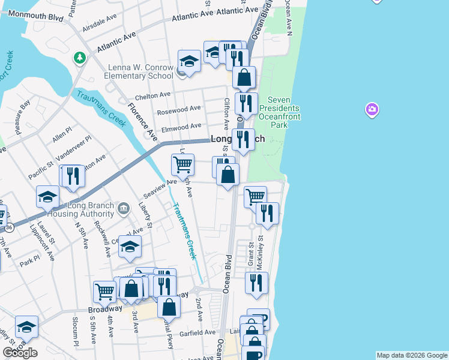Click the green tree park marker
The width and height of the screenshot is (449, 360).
coord(79,58)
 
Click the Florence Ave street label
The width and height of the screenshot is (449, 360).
coord(142,120)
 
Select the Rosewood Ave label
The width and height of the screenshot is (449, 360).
coord(179,110)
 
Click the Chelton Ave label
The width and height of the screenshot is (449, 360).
coord(153,95)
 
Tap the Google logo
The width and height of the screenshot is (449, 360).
coord(20,353)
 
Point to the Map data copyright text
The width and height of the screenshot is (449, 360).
coord(412,355)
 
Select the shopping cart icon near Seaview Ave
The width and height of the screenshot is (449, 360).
coord(182,163)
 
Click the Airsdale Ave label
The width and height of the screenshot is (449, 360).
coord(100,28)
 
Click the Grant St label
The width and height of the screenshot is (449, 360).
coord(252,255)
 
